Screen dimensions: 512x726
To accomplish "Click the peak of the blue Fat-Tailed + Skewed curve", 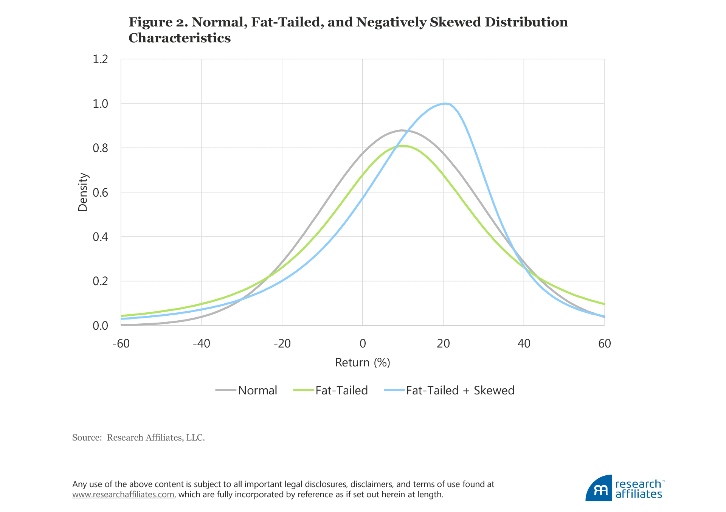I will pyautogui.click(x=445, y=103).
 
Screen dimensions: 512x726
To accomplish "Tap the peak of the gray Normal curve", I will pyautogui.click(x=402, y=130).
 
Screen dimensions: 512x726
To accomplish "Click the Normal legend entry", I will pyautogui.click(x=257, y=390).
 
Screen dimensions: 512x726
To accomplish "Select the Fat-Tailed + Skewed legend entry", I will pyautogui.click(x=460, y=390).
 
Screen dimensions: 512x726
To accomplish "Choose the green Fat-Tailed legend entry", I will pyautogui.click(x=341, y=390).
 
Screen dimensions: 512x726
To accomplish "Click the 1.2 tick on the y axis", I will pyautogui.click(x=100, y=59).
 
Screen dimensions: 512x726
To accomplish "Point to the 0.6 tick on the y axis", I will pyautogui.click(x=100, y=192).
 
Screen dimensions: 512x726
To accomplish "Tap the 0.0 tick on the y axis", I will pyautogui.click(x=100, y=326).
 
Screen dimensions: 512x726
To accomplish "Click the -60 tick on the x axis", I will pyautogui.click(x=121, y=343).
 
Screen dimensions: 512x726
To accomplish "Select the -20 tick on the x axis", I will pyautogui.click(x=282, y=343).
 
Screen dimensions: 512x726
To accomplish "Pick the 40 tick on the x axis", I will pyautogui.click(x=524, y=343).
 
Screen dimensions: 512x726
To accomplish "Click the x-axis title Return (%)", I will pyautogui.click(x=363, y=363).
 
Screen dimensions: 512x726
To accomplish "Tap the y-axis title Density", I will pyautogui.click(x=82, y=192).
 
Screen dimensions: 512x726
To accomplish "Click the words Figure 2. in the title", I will pyautogui.click(x=158, y=22).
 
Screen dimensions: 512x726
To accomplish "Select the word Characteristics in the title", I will pyautogui.click(x=180, y=38).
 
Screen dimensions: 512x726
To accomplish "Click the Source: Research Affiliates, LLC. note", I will pyautogui.click(x=138, y=438).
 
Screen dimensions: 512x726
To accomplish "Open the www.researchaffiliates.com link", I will pyautogui.click(x=123, y=495).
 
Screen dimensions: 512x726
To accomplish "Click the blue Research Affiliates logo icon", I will pyautogui.click(x=599, y=488).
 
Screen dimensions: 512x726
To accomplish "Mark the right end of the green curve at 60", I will pyautogui.click(x=604, y=304).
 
